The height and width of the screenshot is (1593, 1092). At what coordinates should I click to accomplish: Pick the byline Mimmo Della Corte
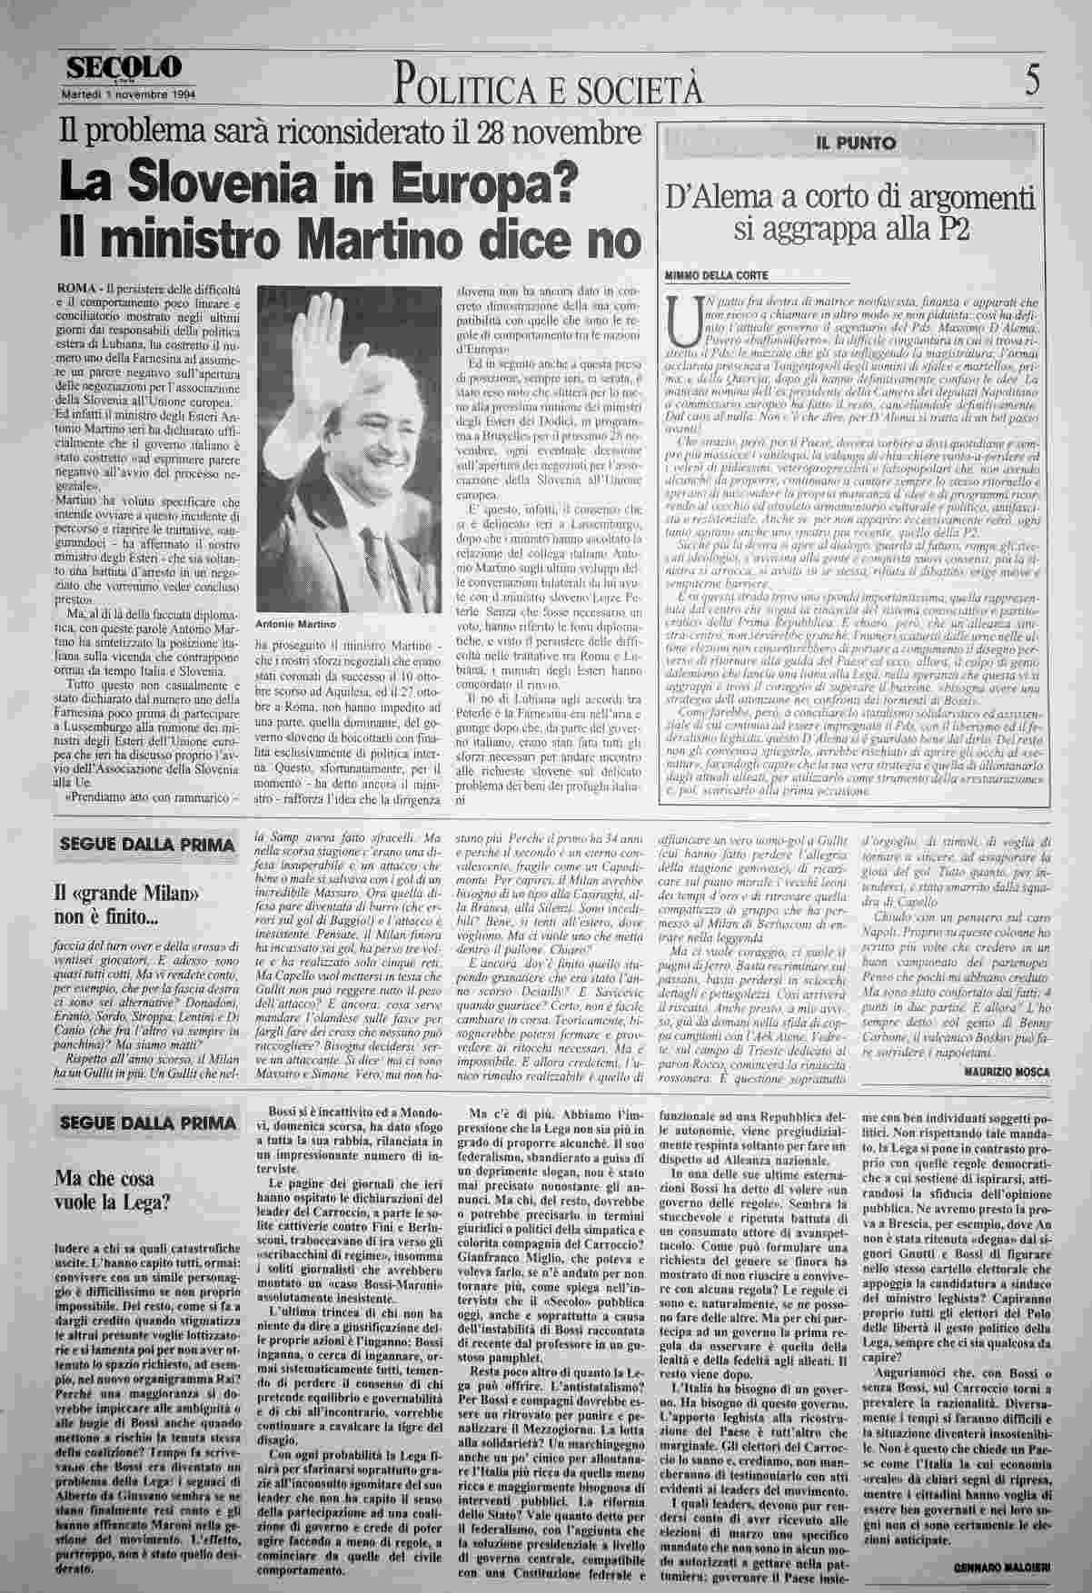point(717,274)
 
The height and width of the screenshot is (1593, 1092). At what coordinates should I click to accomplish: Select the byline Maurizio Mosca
point(1003,1072)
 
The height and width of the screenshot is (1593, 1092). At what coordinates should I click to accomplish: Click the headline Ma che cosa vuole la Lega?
point(114,1192)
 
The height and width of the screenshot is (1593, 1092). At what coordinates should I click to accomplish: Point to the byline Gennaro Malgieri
point(1001,1568)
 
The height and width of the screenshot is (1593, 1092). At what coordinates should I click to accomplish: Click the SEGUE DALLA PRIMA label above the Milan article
point(145,845)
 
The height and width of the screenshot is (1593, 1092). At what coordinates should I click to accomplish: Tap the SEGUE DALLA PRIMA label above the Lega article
point(145,1123)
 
